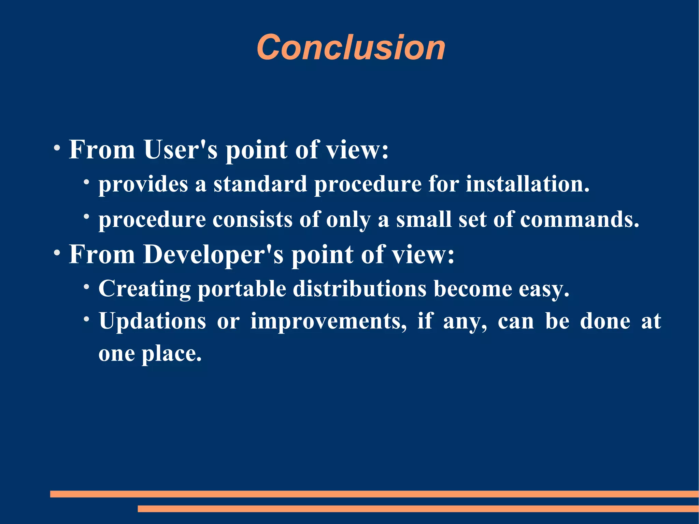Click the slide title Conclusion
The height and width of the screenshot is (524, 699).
pyautogui.click(x=351, y=47)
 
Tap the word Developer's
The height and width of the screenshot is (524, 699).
pyautogui.click(x=213, y=255)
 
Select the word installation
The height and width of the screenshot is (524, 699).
pyautogui.click(x=527, y=184)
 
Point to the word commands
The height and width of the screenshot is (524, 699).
pyautogui.click(x=579, y=219)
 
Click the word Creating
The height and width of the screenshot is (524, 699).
pyautogui.click(x=144, y=289)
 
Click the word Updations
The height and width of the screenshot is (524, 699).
pyautogui.click(x=152, y=321)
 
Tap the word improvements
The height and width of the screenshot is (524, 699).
pyautogui.click(x=328, y=321)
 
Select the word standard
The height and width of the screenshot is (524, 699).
pyautogui.click(x=260, y=184)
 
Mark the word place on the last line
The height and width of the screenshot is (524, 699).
pyautogui.click(x=171, y=354)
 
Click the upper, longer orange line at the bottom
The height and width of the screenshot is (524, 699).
pyautogui.click(x=374, y=494)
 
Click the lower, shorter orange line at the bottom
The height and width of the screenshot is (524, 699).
pyautogui.click(x=418, y=509)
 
